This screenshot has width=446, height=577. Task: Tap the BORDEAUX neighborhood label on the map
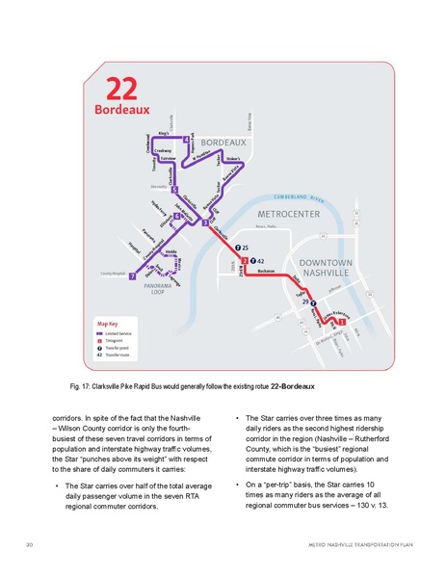click(x=223, y=143)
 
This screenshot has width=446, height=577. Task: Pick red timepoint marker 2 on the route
click(x=246, y=261)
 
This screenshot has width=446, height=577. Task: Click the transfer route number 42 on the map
click(x=261, y=261)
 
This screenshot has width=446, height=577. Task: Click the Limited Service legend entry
click(x=125, y=333)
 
